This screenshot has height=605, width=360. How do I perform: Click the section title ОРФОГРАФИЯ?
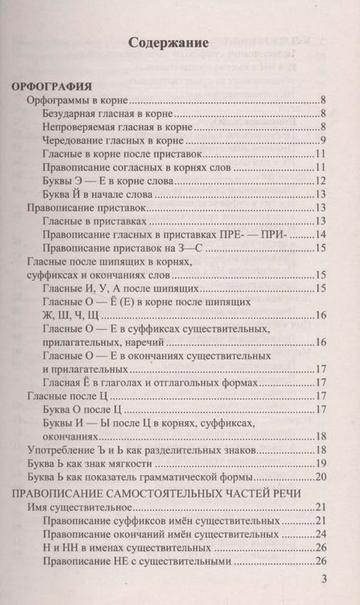(x=52, y=85)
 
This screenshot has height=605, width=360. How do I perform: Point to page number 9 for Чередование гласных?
(x=322, y=140)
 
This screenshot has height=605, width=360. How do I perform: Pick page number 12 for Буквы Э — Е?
(x=320, y=180)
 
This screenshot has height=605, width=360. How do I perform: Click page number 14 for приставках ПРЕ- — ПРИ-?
(x=320, y=235)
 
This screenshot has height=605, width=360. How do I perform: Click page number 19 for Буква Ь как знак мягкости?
(x=320, y=462)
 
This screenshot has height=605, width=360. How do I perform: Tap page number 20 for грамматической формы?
(x=320, y=476)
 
